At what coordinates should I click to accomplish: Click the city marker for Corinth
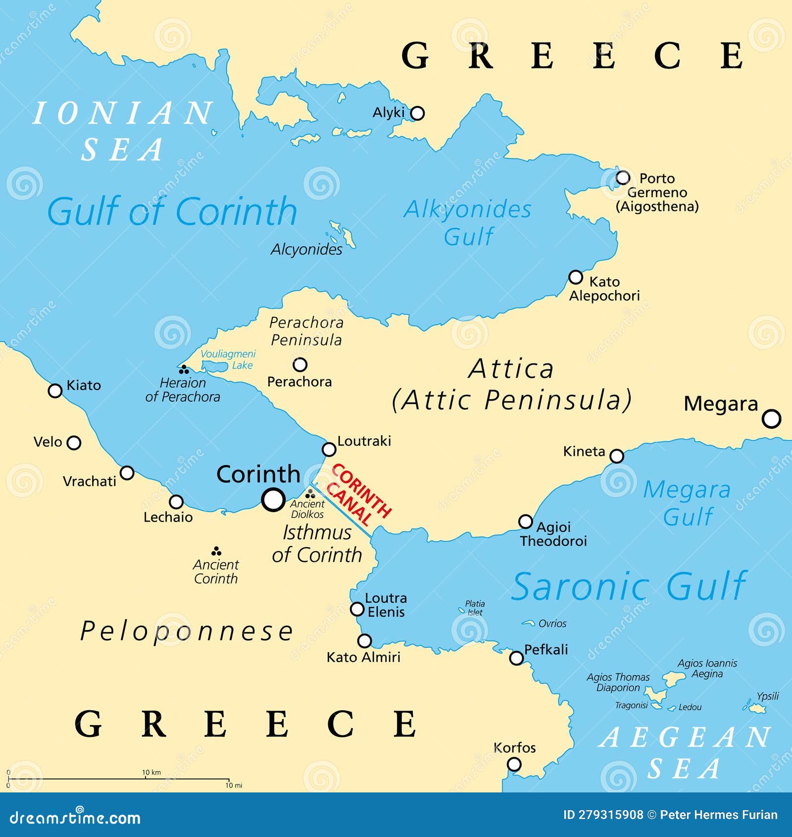[x=273, y=499]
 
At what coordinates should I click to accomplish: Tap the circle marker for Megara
[x=771, y=418]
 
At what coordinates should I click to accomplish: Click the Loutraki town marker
[x=329, y=449]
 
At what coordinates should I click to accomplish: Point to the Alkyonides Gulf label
[x=468, y=222]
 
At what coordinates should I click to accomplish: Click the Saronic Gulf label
[x=629, y=586]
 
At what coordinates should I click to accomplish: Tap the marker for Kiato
[x=55, y=390]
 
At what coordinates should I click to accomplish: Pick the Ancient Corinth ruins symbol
[x=216, y=551]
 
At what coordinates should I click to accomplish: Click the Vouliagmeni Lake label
[x=228, y=359]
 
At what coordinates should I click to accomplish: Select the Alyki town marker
[x=417, y=113]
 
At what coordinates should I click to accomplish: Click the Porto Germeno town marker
[x=623, y=177]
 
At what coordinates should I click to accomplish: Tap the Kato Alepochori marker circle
[x=575, y=277]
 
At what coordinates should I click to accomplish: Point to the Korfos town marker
[x=514, y=764]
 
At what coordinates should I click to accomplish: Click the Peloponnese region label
[x=187, y=631]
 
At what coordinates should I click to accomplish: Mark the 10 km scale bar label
[x=151, y=772]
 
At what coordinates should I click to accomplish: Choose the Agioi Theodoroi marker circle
[x=525, y=522]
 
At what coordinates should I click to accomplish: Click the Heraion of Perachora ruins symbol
[x=184, y=369]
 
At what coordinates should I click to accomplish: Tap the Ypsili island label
[x=767, y=696]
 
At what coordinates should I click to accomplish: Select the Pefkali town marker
[x=516, y=658]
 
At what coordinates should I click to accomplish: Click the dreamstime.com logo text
[x=75, y=818]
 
